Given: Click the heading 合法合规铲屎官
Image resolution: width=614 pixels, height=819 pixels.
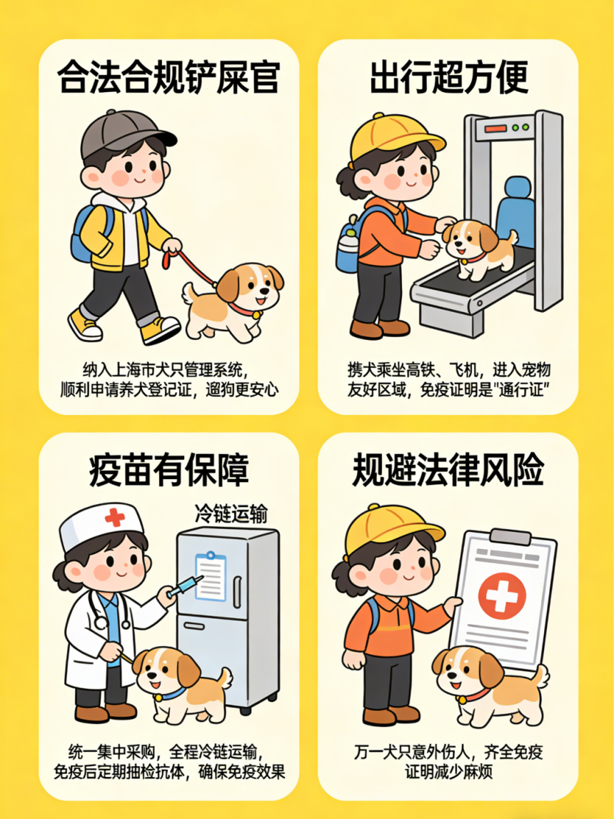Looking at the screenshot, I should (x=168, y=77).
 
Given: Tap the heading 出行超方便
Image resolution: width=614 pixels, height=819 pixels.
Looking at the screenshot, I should (x=448, y=77).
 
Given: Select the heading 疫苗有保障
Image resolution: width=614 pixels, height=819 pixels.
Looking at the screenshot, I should (x=168, y=471).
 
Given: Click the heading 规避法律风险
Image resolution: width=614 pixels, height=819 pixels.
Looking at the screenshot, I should (x=448, y=471).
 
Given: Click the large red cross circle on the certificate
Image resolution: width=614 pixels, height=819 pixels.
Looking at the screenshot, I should (x=501, y=594).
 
